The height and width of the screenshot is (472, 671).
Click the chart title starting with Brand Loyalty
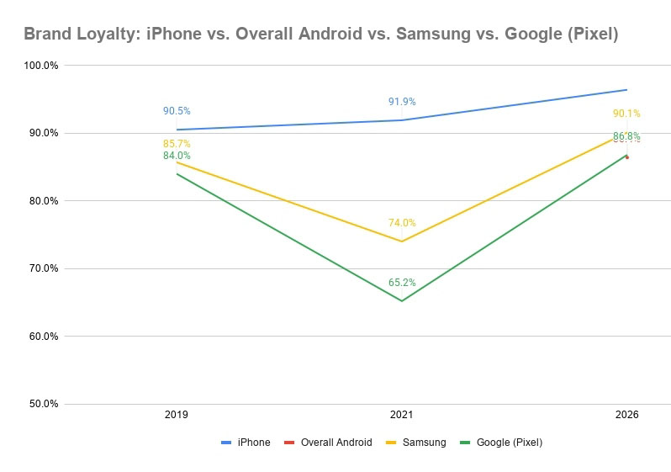[x=320, y=34]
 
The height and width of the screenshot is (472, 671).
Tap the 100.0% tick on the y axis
[x=40, y=66]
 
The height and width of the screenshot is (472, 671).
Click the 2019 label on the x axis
[x=177, y=416]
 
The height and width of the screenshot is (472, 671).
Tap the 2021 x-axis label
[x=402, y=416]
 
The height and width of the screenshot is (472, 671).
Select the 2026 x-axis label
[x=626, y=416]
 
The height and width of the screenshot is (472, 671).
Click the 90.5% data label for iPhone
[x=177, y=110]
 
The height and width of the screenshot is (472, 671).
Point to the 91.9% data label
[x=402, y=102]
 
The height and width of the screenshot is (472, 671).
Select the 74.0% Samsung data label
[x=402, y=223]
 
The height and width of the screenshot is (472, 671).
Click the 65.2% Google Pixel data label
[x=402, y=283]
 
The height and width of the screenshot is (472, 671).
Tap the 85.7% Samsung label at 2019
[x=177, y=144]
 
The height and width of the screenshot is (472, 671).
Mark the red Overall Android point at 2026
[x=627, y=157]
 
